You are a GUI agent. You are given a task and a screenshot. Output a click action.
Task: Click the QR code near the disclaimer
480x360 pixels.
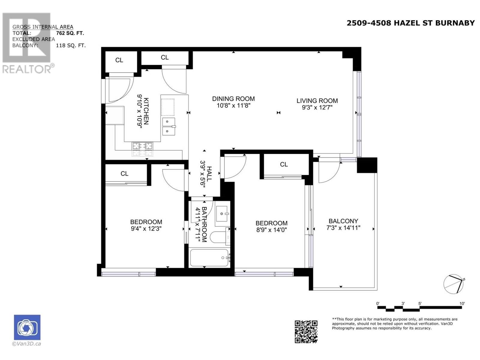(306, 331)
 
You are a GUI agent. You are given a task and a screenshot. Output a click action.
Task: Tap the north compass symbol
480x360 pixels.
(453, 284)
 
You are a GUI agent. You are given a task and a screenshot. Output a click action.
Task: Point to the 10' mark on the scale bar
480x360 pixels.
(462, 304)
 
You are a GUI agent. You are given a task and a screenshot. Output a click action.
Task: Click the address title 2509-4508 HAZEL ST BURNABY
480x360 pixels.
(411, 23)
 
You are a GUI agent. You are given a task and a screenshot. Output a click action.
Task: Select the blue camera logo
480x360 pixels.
(27, 327)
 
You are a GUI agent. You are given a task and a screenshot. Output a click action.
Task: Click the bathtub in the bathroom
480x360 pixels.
(209, 258)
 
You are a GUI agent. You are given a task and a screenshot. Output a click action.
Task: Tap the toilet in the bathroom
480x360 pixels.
(220, 237)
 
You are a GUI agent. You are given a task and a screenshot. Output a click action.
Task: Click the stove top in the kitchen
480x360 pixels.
(142, 149)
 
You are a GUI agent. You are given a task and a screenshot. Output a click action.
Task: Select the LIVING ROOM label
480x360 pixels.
(317, 101)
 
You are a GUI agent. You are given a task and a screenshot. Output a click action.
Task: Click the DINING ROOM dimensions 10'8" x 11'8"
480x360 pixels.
(233, 106)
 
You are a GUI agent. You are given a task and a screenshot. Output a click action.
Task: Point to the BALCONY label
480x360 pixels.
(343, 221)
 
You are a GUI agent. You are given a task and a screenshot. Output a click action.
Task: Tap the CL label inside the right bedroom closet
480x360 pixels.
(284, 164)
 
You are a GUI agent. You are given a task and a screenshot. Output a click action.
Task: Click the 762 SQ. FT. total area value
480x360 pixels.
(70, 33)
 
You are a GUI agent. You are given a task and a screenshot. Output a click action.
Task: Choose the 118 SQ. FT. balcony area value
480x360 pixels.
(70, 46)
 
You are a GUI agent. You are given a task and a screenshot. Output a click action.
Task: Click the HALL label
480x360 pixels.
(209, 174)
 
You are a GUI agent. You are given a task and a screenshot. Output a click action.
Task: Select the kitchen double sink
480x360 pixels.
(169, 127)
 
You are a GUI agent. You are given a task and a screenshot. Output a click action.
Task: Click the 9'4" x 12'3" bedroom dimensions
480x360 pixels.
(146, 229)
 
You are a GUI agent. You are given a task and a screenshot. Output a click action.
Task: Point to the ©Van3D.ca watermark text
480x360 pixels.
(26, 343)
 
